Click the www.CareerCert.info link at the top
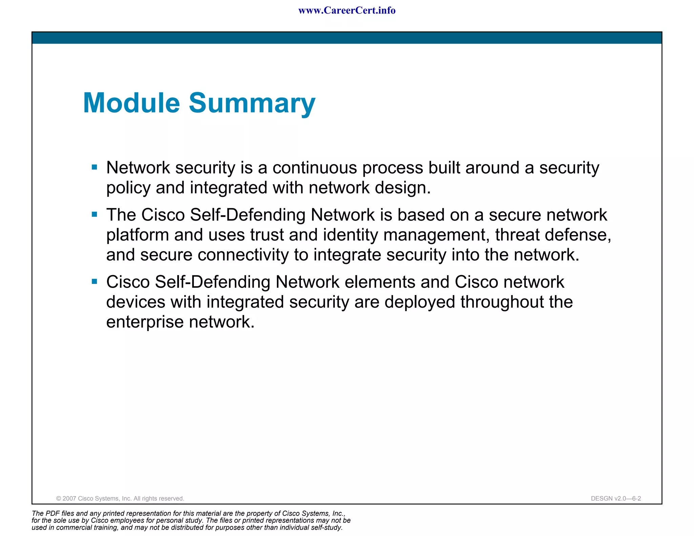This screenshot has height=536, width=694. pos(347,11)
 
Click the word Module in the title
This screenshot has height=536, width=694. pos(131,103)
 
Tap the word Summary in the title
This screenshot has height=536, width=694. pos(252,104)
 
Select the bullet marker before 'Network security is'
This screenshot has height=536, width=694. pos(95,167)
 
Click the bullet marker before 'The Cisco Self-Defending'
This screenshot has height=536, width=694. pos(95,214)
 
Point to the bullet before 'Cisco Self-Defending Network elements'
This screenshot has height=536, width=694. pos(95,281)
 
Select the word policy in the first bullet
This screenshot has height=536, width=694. pos(128,188)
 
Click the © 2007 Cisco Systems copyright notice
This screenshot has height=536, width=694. pos(120,498)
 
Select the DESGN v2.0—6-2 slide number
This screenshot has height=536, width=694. pos(616,498)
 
